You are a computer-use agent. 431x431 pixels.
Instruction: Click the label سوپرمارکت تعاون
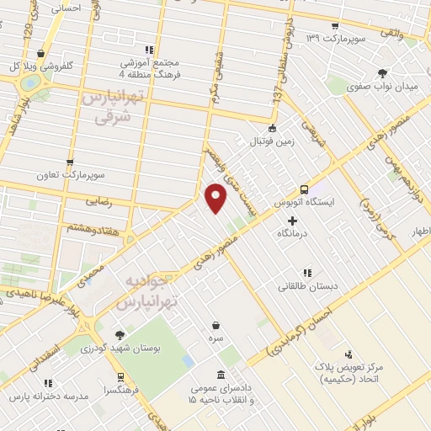(70, 175)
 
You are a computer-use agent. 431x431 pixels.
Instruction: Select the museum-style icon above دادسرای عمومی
(221, 375)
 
